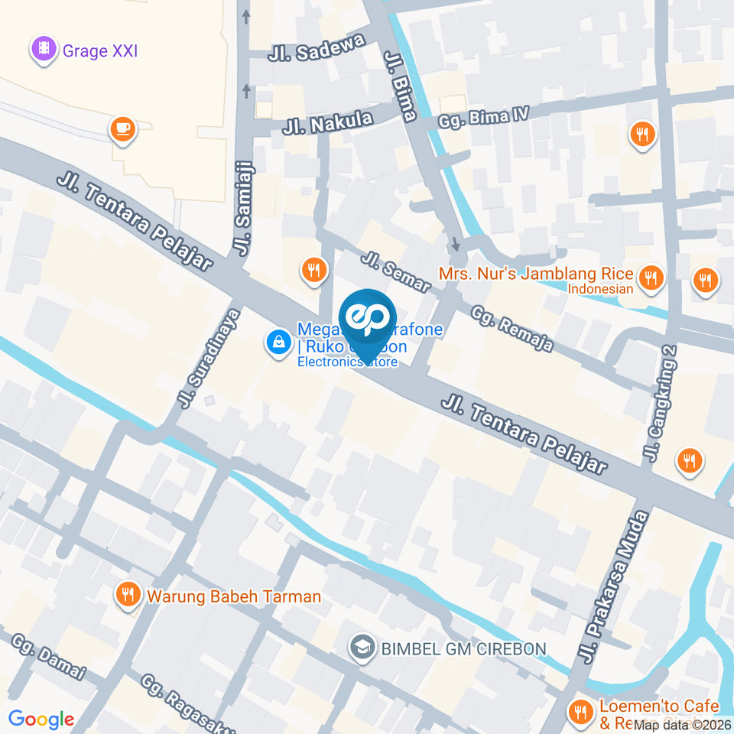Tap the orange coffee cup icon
click(122, 128)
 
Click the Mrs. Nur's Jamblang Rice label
click(535, 274)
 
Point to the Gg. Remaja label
click(512, 329)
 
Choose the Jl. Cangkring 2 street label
click(661, 404)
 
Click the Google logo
click(41, 719)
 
